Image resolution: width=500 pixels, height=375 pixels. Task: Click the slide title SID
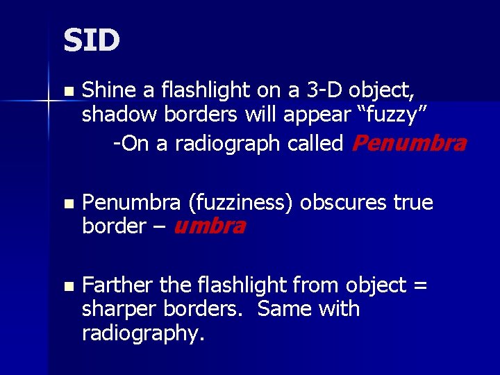(x=91, y=40)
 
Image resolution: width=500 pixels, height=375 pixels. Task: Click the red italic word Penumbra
(x=409, y=144)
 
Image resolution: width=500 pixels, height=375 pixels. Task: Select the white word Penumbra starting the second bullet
(x=132, y=203)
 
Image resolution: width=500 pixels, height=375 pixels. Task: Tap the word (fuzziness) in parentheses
(x=243, y=203)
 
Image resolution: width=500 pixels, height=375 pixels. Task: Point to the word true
(x=412, y=203)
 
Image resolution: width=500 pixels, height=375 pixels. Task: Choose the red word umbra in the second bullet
(x=208, y=226)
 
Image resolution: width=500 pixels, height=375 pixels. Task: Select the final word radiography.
(x=143, y=333)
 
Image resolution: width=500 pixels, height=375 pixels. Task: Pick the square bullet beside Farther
(x=67, y=286)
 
